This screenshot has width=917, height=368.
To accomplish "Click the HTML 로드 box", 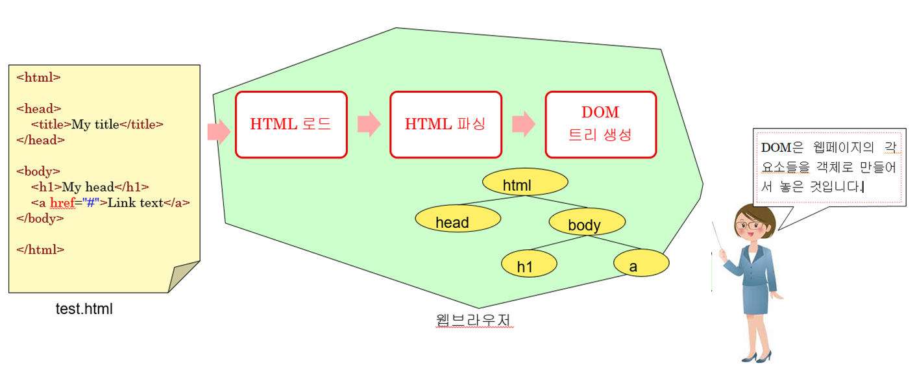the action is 291,125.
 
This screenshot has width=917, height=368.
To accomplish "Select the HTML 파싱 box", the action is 446,125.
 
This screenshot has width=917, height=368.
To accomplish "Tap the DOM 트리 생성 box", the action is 600,125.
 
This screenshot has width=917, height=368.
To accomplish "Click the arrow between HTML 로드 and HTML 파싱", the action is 369,124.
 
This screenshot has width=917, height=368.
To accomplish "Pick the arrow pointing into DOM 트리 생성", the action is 523,124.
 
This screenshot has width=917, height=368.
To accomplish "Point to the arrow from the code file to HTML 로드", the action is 219,132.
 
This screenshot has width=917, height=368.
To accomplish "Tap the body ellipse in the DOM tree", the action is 587,225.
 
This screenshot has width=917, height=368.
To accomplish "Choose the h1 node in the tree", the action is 529,265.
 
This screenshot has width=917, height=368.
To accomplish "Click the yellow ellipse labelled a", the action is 641,265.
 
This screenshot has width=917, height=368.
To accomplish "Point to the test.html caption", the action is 84,310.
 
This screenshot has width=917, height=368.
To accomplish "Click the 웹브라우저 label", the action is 476,321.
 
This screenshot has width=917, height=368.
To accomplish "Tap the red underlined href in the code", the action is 61,202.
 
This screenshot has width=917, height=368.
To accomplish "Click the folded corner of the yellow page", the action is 183,277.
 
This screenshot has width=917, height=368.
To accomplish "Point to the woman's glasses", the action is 750,226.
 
